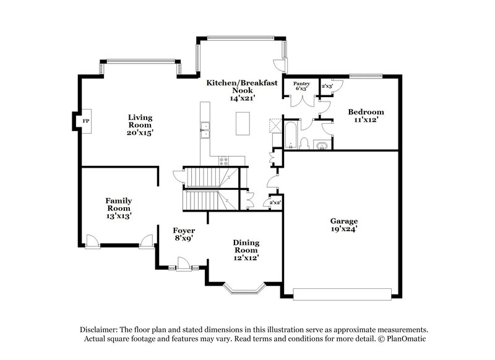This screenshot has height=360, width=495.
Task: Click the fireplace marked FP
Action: (86, 122)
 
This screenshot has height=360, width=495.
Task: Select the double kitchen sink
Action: (205, 130)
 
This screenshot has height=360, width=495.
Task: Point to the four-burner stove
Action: (223, 160)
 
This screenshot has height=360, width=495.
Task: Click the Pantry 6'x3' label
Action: (301, 86)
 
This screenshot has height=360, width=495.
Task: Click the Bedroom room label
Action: (365, 112)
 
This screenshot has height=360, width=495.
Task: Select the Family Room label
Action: (118, 204)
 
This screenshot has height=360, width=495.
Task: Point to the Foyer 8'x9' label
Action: (184, 233)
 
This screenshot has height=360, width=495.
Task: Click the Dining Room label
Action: (246, 246)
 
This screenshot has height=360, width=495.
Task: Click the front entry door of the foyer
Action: (183, 268)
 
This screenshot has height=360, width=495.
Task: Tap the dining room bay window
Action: (244, 287)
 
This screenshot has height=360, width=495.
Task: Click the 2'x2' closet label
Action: (274, 202)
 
